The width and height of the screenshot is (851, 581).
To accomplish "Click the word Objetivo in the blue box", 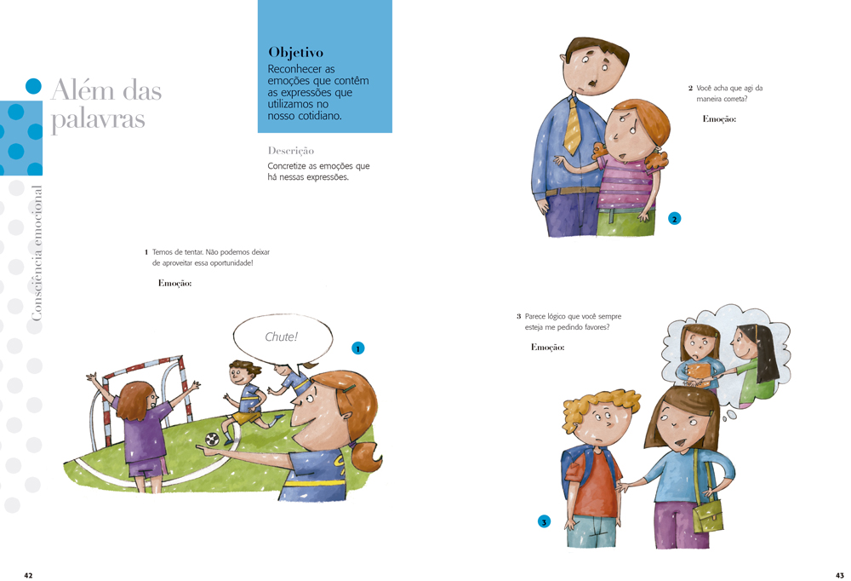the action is [295, 53].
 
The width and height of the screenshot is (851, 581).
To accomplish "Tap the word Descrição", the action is [291, 151].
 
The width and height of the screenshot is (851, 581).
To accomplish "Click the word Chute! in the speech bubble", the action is [281, 337].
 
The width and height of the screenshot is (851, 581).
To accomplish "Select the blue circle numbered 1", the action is [357, 348].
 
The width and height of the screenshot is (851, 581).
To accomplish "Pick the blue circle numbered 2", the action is [675, 219].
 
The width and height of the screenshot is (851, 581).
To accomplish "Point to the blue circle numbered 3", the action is [544, 521].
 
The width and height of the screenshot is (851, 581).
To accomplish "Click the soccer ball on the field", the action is [212, 439].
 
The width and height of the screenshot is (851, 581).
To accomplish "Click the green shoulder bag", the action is [708, 517].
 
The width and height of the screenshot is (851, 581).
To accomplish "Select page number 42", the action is [28, 575].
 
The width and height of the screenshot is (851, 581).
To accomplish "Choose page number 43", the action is [840, 575].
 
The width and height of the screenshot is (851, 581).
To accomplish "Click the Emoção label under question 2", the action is [719, 119].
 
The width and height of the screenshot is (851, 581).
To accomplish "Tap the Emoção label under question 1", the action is [174, 283].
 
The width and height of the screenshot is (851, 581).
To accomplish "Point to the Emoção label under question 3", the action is [547, 348].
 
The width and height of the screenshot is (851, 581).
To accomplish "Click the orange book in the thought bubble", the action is [698, 371].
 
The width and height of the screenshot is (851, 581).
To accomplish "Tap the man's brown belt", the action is [573, 191].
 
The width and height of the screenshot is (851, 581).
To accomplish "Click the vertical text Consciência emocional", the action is [36, 253].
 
